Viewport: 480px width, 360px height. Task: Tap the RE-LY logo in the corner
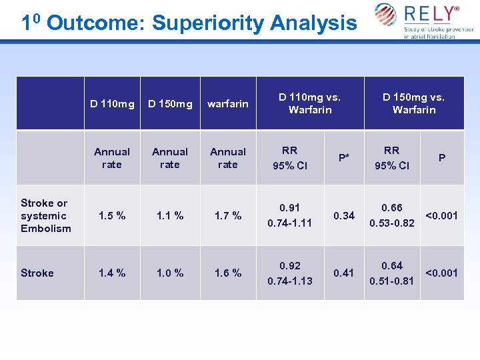(424, 20)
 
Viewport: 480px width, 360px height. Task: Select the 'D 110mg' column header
(112, 103)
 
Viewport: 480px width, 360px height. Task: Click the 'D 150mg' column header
(170, 103)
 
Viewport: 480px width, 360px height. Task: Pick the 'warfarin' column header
(227, 103)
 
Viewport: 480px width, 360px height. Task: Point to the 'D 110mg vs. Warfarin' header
(309, 103)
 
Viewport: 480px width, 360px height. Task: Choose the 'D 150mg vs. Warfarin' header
(413, 103)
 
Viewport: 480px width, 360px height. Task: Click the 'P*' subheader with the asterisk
(343, 158)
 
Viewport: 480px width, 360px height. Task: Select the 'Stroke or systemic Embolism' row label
(45, 215)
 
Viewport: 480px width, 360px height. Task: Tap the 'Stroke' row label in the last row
(37, 273)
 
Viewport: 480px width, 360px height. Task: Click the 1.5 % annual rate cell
(112, 215)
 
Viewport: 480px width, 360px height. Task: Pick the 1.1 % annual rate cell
(170, 215)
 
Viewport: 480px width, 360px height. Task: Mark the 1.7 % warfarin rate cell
(227, 215)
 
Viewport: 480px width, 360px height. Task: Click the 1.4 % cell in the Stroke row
(112, 273)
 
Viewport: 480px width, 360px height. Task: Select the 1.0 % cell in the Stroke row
(170, 273)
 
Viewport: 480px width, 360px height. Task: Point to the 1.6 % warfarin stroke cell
(227, 273)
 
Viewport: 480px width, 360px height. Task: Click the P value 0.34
(343, 215)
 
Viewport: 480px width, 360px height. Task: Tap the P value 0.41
(343, 273)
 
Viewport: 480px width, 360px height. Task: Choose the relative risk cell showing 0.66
(391, 209)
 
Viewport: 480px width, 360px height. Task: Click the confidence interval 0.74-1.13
(289, 280)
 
